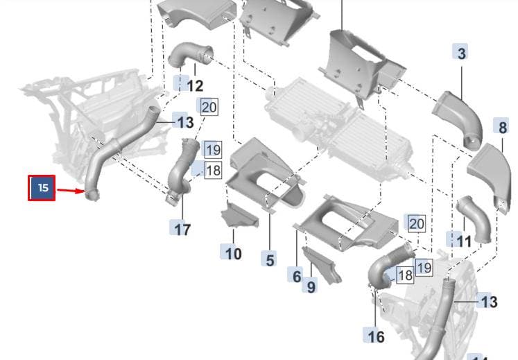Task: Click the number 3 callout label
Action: (x=462, y=53)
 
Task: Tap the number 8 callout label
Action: (x=502, y=127)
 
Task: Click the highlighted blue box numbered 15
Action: (x=42, y=188)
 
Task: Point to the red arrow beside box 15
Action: (x=70, y=191)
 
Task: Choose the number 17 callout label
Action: (x=181, y=228)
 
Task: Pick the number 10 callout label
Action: (x=232, y=253)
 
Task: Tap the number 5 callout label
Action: (x=270, y=259)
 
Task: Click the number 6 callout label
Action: (x=296, y=275)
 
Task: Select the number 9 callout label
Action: (x=311, y=286)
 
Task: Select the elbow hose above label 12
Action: (x=189, y=55)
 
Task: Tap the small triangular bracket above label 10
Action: (x=239, y=216)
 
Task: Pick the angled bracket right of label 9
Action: (x=322, y=266)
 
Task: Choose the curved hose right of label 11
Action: (x=474, y=218)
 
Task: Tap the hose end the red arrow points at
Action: (x=92, y=196)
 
